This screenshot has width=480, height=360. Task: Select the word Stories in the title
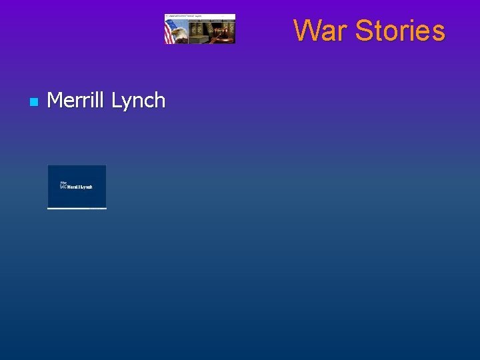coord(400,31)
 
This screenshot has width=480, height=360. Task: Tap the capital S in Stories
coord(364,31)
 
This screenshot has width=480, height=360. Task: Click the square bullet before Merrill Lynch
coord(33,102)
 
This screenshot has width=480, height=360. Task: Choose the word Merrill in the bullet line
coord(76,100)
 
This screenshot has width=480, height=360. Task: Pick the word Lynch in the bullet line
coord(138,101)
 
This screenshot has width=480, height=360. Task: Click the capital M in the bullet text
coord(55,100)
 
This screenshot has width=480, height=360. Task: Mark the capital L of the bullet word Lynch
coord(116,100)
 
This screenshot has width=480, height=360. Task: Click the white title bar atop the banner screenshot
coord(200,15)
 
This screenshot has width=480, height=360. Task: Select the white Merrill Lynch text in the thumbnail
coord(80,187)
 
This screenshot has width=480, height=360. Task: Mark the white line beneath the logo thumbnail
coord(77,208)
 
